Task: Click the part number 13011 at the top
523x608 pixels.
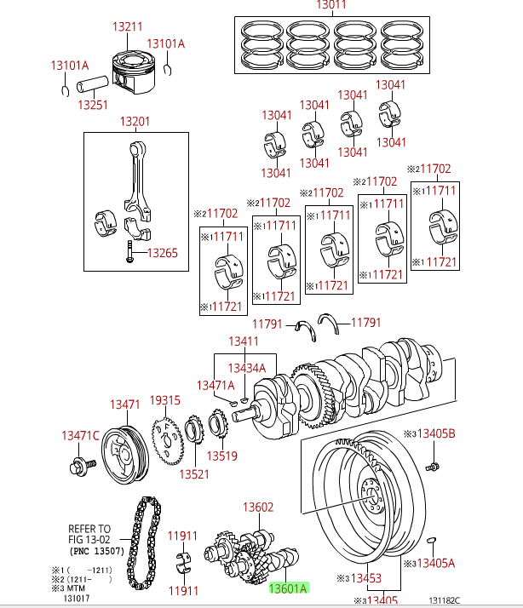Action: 331,5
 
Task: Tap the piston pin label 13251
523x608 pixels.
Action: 93,105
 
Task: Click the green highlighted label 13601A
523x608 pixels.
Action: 288,588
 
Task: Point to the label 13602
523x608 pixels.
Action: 258,508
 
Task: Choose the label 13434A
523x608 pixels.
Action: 246,368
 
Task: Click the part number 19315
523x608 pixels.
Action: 165,400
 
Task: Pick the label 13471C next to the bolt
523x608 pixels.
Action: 80,435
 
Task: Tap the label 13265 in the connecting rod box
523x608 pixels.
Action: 162,253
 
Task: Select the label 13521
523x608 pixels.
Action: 194,474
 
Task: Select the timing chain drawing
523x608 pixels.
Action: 144,541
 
